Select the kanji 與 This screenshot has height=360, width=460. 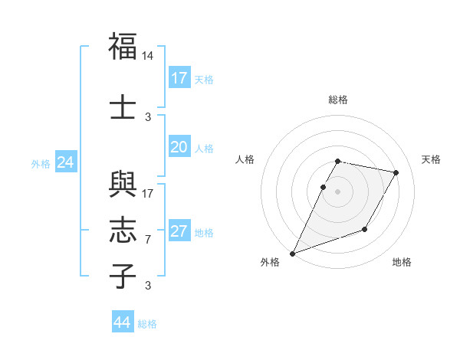click(x=123, y=185)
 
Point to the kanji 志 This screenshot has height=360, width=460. click(x=123, y=230)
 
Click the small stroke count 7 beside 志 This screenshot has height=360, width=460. click(x=148, y=240)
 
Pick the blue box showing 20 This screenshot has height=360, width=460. click(x=179, y=147)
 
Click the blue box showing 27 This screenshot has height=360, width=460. click(x=179, y=231)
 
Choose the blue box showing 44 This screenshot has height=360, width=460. click(x=122, y=322)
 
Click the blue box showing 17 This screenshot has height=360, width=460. click(x=179, y=77)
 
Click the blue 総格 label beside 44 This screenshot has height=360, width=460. click(x=147, y=324)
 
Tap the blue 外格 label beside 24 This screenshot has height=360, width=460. click(x=41, y=163)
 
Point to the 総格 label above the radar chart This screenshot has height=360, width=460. click(x=337, y=100)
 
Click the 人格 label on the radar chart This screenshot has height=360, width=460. click(x=245, y=159)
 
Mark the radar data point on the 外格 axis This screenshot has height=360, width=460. click(x=292, y=253)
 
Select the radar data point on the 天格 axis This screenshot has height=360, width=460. click(x=396, y=173)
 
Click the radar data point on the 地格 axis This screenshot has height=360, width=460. click(x=365, y=229)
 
